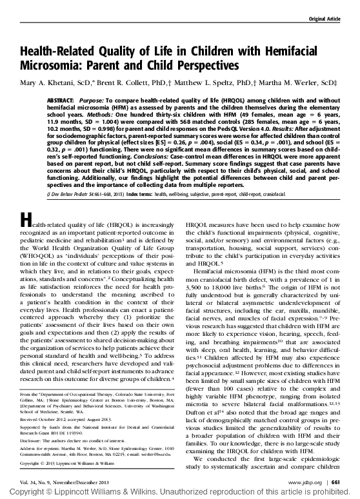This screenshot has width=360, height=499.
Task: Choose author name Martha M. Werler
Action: [287, 83]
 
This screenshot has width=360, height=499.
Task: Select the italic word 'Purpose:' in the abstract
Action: [95, 102]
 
